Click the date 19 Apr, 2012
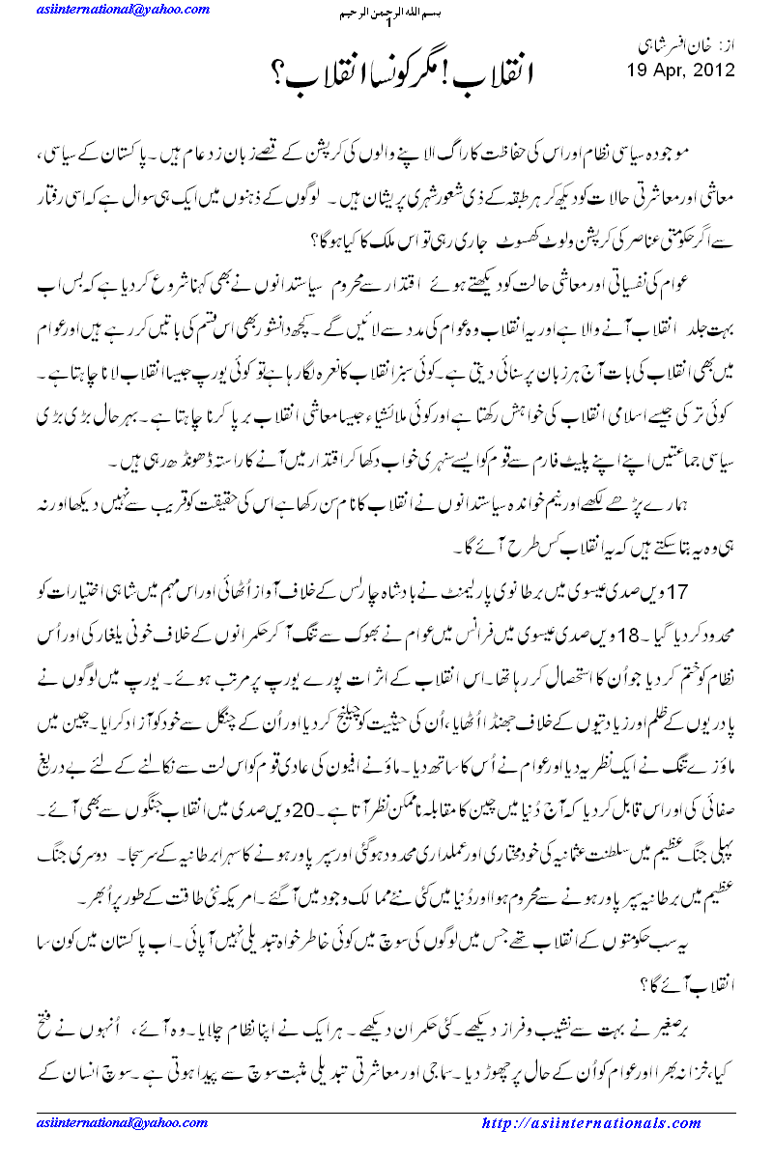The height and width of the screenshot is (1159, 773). click(x=680, y=71)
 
